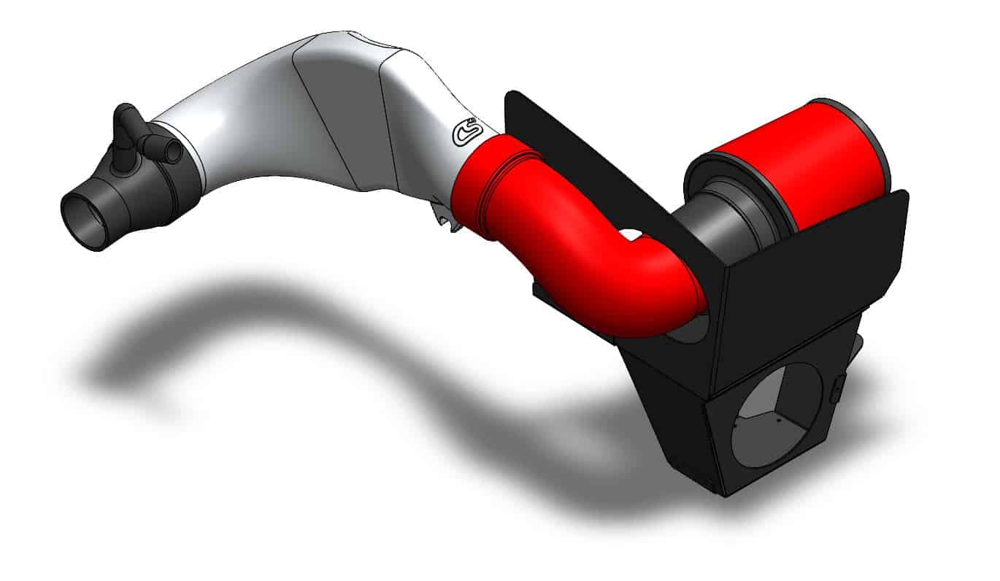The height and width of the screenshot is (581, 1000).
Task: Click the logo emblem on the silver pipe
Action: [x=465, y=134]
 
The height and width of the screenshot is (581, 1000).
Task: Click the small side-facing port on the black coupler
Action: [x=166, y=149]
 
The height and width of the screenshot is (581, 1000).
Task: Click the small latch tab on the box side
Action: [x=837, y=386]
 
